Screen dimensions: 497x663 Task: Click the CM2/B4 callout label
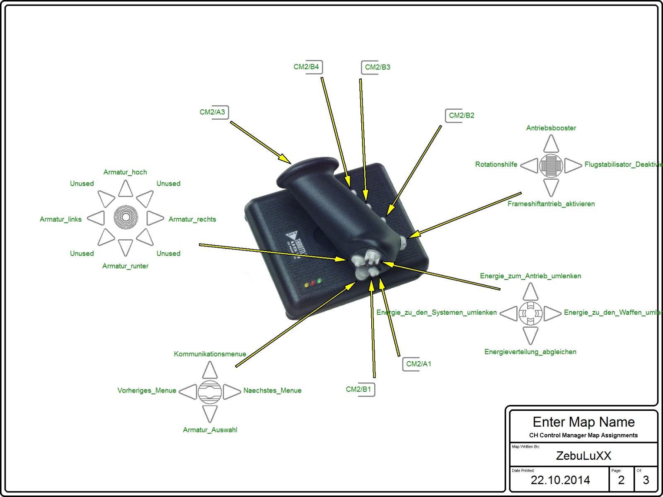pos(307,67)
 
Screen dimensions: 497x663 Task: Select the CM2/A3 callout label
pos(213,112)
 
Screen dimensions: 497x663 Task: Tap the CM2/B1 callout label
pos(359,389)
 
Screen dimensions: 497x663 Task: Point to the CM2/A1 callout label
pos(419,364)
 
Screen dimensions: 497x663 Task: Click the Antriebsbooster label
pos(551,128)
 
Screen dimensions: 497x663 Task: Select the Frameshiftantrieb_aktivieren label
pos(551,204)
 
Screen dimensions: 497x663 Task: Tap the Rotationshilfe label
pos(496,164)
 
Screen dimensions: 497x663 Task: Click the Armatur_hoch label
pos(125,172)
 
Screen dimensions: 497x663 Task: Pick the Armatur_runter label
pos(125,266)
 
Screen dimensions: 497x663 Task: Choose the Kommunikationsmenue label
pos(210,354)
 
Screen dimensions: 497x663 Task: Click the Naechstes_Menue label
pos(272,391)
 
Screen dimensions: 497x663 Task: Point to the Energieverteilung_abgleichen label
pos(530,352)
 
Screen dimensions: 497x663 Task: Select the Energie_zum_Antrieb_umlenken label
pos(530,276)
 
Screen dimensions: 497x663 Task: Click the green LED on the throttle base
pos(319,281)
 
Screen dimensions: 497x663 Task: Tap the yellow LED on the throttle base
pos(306,285)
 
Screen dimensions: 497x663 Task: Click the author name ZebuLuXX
pos(583,456)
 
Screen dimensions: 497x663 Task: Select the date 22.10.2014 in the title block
pos(560,480)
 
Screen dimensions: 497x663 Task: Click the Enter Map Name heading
pos(583,422)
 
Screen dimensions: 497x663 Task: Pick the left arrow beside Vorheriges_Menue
pos(189,391)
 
